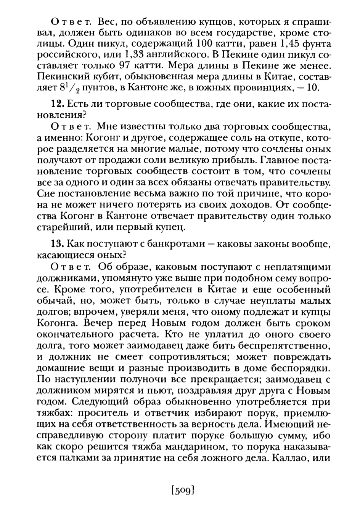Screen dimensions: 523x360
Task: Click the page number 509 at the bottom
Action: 183,489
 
